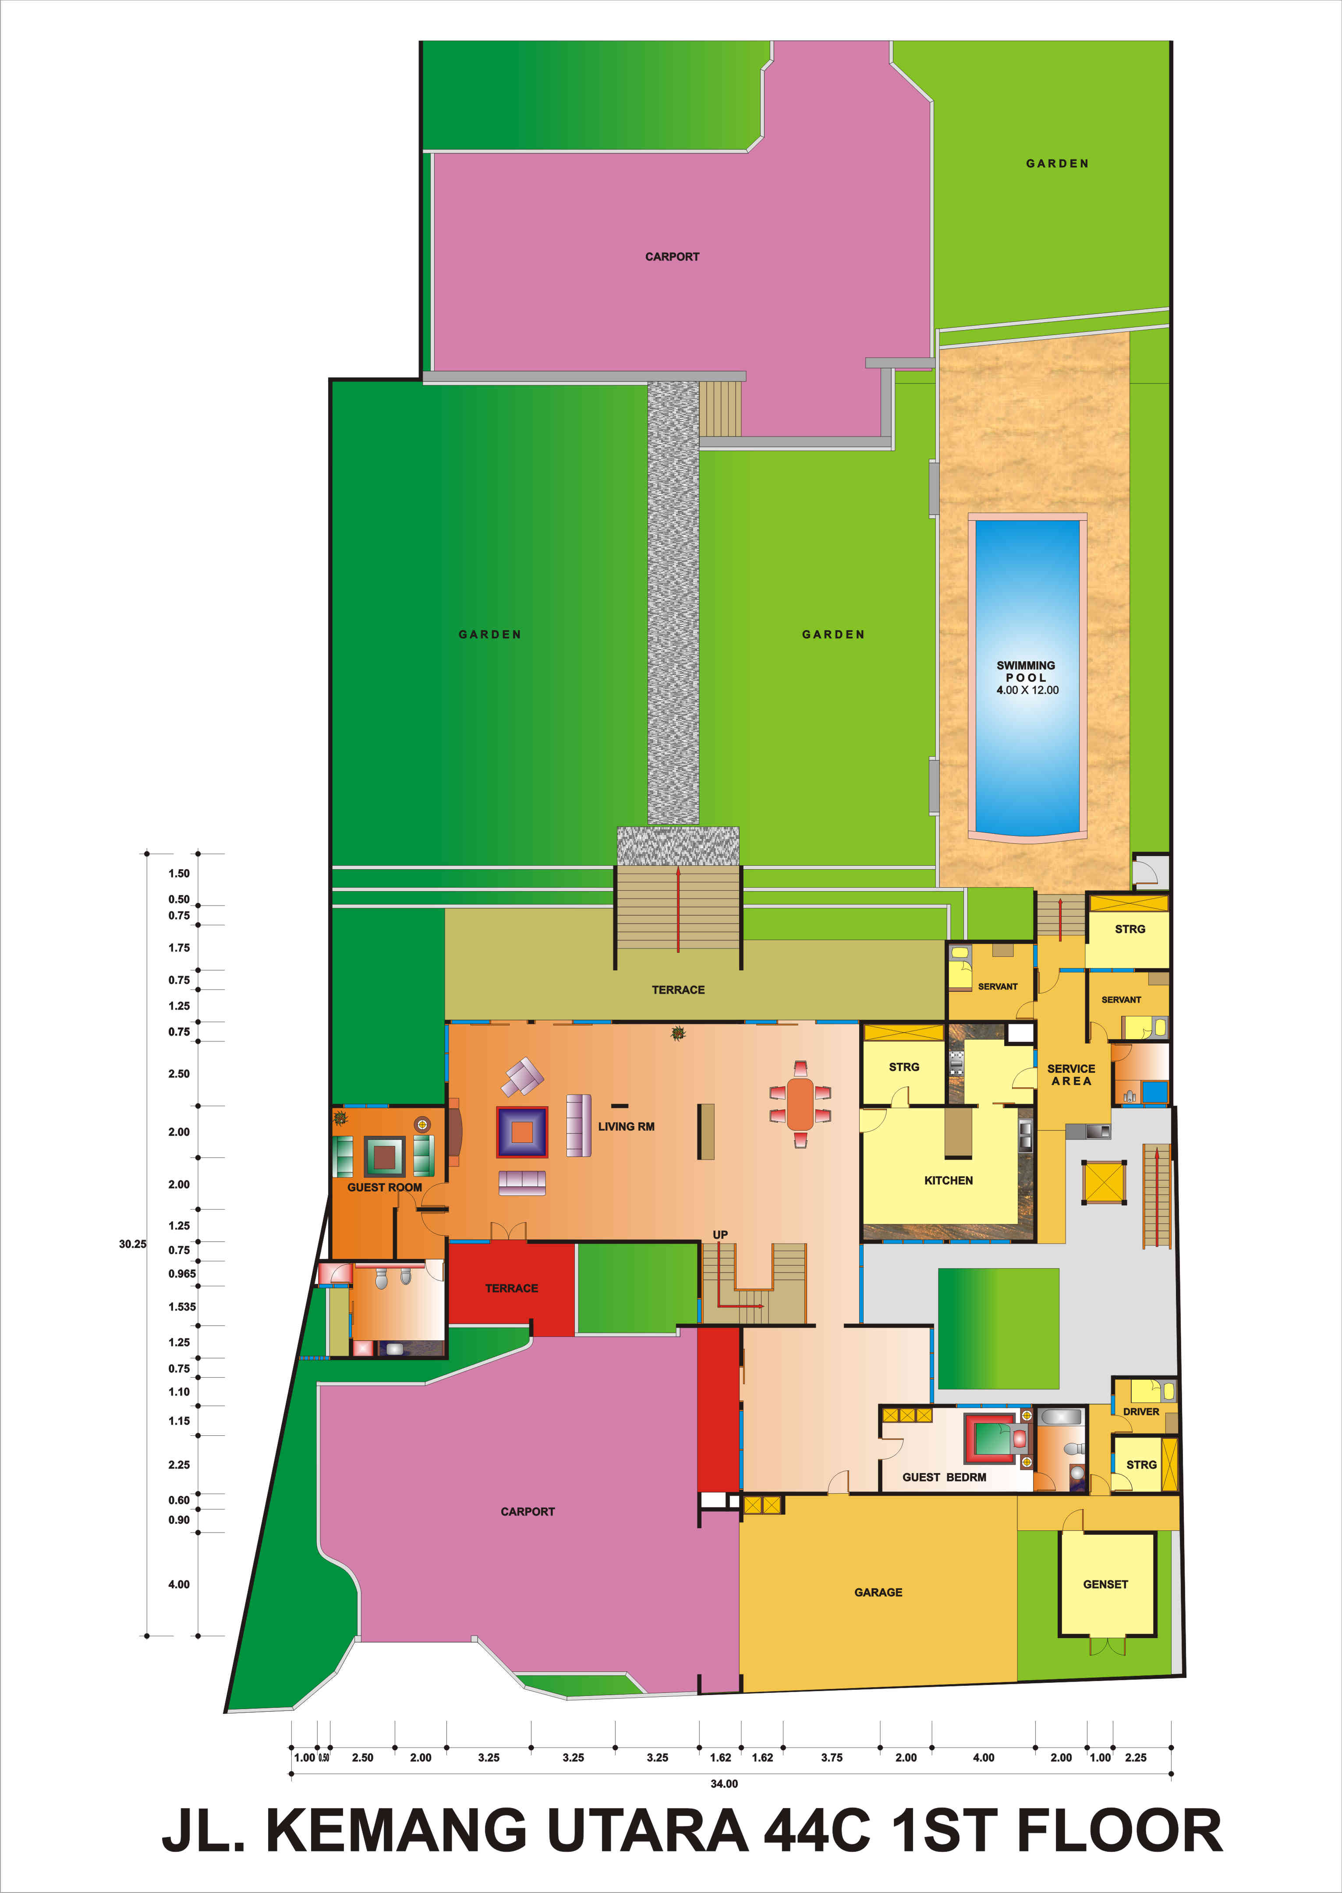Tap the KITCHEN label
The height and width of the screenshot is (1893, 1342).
pos(948,1180)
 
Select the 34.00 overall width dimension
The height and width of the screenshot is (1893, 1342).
pos(724,1783)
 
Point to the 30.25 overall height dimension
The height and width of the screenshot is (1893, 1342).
pos(132,1244)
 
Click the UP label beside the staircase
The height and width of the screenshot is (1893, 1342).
pos(720,1235)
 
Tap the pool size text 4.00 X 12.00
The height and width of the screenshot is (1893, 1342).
pos(1027,690)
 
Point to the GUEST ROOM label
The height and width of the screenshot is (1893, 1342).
pos(384,1187)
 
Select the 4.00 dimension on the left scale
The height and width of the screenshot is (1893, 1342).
pos(178,1584)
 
